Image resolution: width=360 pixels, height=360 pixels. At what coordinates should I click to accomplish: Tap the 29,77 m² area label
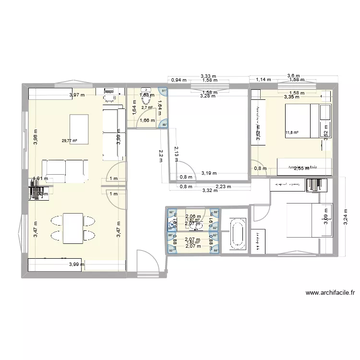click(69, 141)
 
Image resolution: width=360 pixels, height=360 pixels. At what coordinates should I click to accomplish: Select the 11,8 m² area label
click(292, 133)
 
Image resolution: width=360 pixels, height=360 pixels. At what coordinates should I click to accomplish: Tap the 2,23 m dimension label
click(223, 187)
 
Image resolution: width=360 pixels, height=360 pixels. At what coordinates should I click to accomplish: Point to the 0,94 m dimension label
click(179, 80)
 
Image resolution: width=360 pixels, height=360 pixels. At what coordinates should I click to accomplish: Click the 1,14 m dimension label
click(263, 80)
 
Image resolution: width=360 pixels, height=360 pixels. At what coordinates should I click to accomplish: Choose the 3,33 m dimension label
click(208, 75)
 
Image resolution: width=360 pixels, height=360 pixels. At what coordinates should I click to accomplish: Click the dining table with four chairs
click(72, 227)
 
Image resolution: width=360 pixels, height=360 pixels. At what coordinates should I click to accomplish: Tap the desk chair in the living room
click(111, 98)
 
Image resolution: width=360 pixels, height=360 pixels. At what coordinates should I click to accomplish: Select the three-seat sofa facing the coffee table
click(65, 169)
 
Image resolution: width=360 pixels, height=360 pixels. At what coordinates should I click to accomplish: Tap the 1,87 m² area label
click(192, 220)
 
